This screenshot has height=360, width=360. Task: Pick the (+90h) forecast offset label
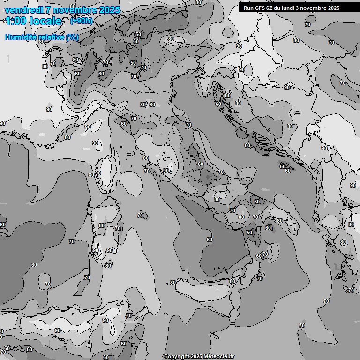[81, 21]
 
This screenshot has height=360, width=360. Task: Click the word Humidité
[21, 37]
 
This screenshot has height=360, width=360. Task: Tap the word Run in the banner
[248, 7]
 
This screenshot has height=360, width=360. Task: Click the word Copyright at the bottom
[177, 357]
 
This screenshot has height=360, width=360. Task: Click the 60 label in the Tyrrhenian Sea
[209, 240]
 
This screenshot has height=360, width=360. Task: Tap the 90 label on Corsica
[98, 173]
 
